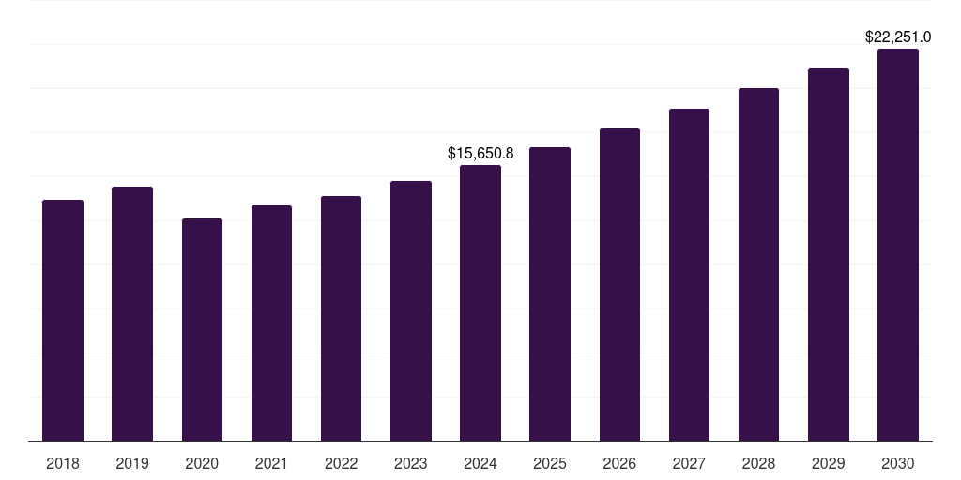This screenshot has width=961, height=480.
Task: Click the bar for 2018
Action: (63, 320)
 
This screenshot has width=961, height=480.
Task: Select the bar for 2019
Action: (132, 313)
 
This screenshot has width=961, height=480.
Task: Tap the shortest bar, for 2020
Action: (202, 329)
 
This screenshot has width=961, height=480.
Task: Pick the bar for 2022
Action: (341, 318)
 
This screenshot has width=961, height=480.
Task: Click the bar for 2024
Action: (480, 303)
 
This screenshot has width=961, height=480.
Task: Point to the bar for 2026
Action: (619, 284)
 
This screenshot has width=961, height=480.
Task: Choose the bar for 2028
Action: (758, 264)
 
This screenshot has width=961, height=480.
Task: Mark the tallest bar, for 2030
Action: (898, 245)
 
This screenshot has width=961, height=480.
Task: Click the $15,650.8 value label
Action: (480, 153)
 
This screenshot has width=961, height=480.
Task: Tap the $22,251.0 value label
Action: (898, 37)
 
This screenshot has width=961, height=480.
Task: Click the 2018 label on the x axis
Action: (63, 463)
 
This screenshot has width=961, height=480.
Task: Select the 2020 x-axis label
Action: (202, 463)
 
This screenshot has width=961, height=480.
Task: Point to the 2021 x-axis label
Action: (271, 463)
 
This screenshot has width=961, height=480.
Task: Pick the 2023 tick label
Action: (411, 463)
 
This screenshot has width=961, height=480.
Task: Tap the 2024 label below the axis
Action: (480, 463)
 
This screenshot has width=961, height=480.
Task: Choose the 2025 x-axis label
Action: (550, 463)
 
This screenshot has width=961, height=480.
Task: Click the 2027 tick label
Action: (689, 463)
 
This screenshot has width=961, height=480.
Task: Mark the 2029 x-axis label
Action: (829, 463)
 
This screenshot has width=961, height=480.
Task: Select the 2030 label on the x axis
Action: (898, 463)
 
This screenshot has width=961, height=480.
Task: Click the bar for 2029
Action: (829, 254)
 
